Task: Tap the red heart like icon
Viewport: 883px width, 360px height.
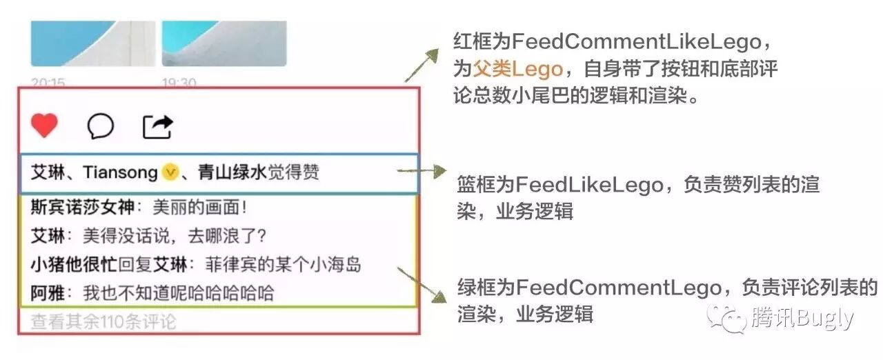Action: click(x=45, y=126)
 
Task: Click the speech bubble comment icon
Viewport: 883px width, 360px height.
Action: click(x=101, y=126)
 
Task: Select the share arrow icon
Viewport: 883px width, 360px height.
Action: click(x=158, y=126)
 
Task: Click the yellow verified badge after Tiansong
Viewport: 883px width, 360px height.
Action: click(x=170, y=172)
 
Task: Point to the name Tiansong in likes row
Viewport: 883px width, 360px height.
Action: click(x=120, y=172)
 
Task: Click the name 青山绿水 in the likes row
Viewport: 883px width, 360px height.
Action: click(x=232, y=172)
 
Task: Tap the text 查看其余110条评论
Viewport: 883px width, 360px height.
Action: click(x=103, y=321)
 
